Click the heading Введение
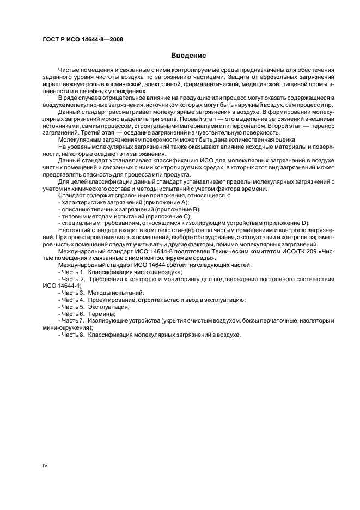(188, 56)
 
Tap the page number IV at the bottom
(45, 465)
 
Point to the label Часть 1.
(72, 271)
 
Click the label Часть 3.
(72, 293)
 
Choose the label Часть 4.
(72, 300)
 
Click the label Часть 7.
(72, 320)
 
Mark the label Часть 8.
(72, 335)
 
